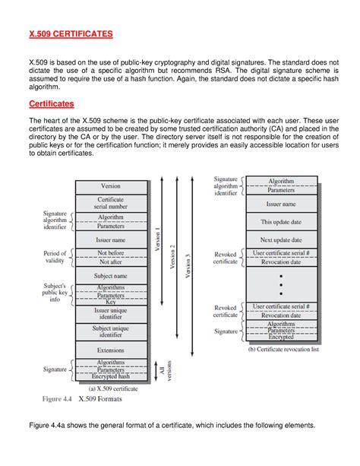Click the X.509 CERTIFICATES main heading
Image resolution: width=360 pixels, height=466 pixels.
(x=71, y=34)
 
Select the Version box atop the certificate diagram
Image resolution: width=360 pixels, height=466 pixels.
(x=110, y=185)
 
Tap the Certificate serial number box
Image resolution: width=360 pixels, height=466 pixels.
(x=110, y=203)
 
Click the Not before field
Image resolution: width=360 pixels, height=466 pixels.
(x=110, y=253)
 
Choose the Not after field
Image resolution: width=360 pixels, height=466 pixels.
(x=110, y=262)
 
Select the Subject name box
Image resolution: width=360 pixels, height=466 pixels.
(x=110, y=275)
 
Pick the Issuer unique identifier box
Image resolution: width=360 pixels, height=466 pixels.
(x=110, y=315)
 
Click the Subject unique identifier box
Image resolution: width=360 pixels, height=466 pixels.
(x=110, y=332)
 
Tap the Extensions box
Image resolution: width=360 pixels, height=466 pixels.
(x=110, y=350)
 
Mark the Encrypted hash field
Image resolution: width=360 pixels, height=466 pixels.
(x=110, y=376)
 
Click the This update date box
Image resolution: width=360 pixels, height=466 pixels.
(x=281, y=222)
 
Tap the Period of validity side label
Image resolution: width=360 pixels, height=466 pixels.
(x=55, y=257)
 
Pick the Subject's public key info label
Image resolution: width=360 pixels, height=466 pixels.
(x=55, y=293)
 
